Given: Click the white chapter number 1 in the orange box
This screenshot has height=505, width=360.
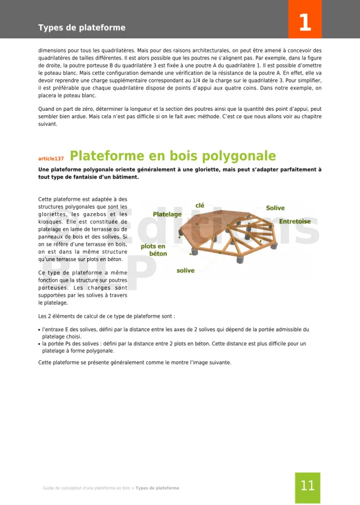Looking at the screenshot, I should pyautogui.click(x=304, y=23).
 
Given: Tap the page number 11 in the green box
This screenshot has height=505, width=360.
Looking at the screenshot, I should pyautogui.click(x=307, y=486).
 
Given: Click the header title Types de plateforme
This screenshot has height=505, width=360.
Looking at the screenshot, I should pyautogui.click(x=82, y=28).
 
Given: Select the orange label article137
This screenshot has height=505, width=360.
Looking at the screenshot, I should pyautogui.click(x=51, y=159).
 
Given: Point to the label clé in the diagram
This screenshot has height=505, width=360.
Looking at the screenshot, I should pyautogui.click(x=200, y=205).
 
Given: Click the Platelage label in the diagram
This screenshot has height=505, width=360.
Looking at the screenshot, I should pyautogui.click(x=167, y=214).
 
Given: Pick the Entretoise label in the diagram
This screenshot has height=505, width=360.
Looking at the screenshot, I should pyautogui.click(x=295, y=222).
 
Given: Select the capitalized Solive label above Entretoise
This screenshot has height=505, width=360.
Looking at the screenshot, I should pyautogui.click(x=275, y=208).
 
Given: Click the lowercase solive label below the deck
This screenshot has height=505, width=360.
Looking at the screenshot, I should pyautogui.click(x=186, y=270).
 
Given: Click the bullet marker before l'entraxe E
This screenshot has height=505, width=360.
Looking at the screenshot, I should pyautogui.click(x=39, y=330).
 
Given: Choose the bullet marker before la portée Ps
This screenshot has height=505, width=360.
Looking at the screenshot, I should pyautogui.click(x=39, y=344).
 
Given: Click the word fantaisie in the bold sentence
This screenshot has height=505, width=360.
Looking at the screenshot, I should pyautogui.click(x=88, y=177).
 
